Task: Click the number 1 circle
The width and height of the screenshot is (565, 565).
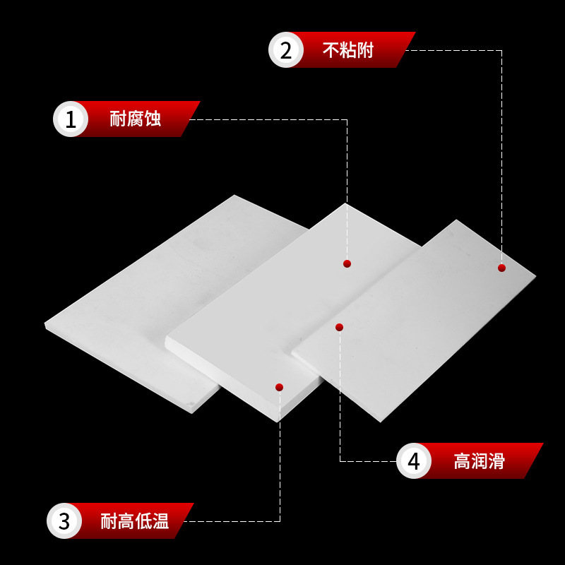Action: [x=71, y=119]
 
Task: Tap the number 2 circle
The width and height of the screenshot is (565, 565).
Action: [x=286, y=50]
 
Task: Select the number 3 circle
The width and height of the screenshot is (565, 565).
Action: [x=64, y=521]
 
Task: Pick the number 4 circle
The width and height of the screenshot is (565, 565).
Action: [x=414, y=461]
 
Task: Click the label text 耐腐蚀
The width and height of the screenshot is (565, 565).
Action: [x=135, y=119]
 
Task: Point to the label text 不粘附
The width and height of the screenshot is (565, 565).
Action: [x=347, y=50]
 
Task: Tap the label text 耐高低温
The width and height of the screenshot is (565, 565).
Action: [x=134, y=522]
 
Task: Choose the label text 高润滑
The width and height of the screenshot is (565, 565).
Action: [x=479, y=462]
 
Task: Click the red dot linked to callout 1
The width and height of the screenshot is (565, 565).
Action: [x=347, y=263]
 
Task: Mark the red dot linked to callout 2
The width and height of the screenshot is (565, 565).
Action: [x=501, y=268]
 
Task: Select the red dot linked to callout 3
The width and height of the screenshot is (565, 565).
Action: [x=279, y=387]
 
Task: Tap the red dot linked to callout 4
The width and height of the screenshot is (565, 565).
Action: [x=339, y=327]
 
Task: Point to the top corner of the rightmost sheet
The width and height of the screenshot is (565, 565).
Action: [x=456, y=221]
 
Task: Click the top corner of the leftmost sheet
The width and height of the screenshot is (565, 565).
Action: [x=234, y=196]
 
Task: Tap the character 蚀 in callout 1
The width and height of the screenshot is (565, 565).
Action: [x=153, y=119]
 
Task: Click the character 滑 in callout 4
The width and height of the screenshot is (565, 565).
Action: [x=496, y=462]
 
